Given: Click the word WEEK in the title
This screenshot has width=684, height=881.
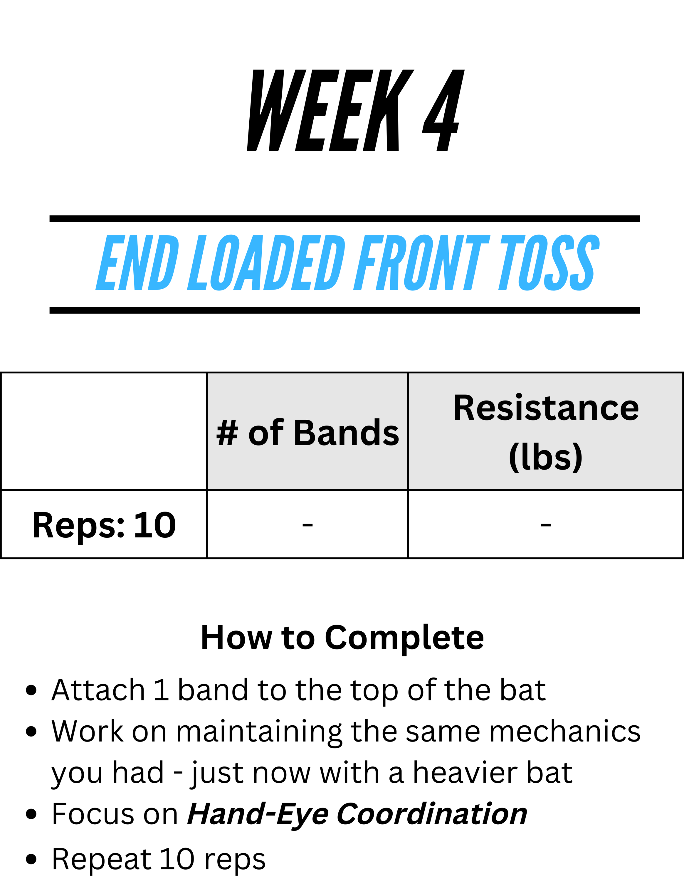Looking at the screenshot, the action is (x=330, y=110).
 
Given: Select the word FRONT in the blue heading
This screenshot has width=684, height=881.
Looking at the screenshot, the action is (x=421, y=263).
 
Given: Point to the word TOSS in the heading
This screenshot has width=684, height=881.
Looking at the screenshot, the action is (x=549, y=263).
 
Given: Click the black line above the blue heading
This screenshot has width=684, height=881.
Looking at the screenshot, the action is (x=345, y=219).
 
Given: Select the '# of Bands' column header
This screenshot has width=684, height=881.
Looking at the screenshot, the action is (x=307, y=433).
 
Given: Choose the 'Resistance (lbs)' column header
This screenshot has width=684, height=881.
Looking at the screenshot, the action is (x=546, y=433).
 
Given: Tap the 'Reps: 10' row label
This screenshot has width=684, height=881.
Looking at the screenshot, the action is (x=104, y=525).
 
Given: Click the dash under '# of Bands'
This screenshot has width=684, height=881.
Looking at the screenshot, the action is (x=307, y=525).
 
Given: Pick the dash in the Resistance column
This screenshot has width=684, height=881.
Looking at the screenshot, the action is (x=546, y=525).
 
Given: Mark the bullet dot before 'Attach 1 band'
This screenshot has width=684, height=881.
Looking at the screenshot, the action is (x=31, y=690).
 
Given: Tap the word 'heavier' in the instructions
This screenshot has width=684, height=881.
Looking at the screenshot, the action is (x=465, y=773).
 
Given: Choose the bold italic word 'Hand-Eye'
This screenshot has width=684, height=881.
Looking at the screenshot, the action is (x=258, y=816).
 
